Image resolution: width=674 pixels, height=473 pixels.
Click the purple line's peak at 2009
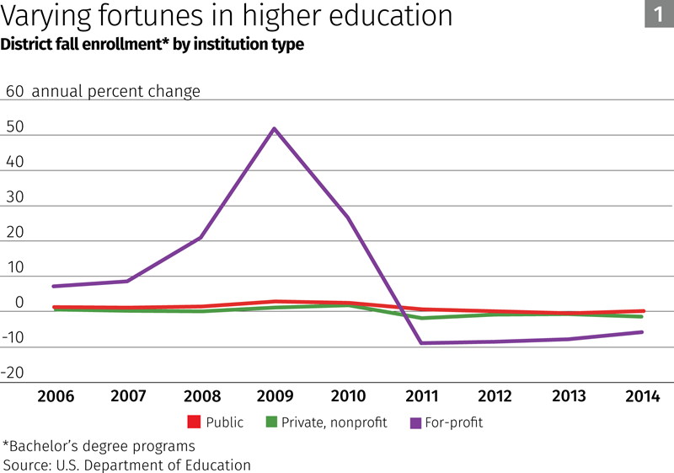tap(274, 129)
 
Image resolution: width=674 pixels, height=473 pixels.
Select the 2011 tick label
tap(421, 396)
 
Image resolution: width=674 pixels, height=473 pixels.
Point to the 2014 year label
tap(642, 396)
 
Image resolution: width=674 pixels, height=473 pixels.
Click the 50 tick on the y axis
tap(13, 127)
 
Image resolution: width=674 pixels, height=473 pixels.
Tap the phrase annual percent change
tap(116, 91)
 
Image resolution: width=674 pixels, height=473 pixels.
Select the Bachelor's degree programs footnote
tap(99, 445)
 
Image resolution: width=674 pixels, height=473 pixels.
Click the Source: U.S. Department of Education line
tap(127, 465)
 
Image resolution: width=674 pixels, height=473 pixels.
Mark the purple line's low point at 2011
tap(421, 343)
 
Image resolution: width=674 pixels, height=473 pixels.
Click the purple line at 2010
tap(348, 218)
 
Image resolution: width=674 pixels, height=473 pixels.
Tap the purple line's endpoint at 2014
tap(642, 331)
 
